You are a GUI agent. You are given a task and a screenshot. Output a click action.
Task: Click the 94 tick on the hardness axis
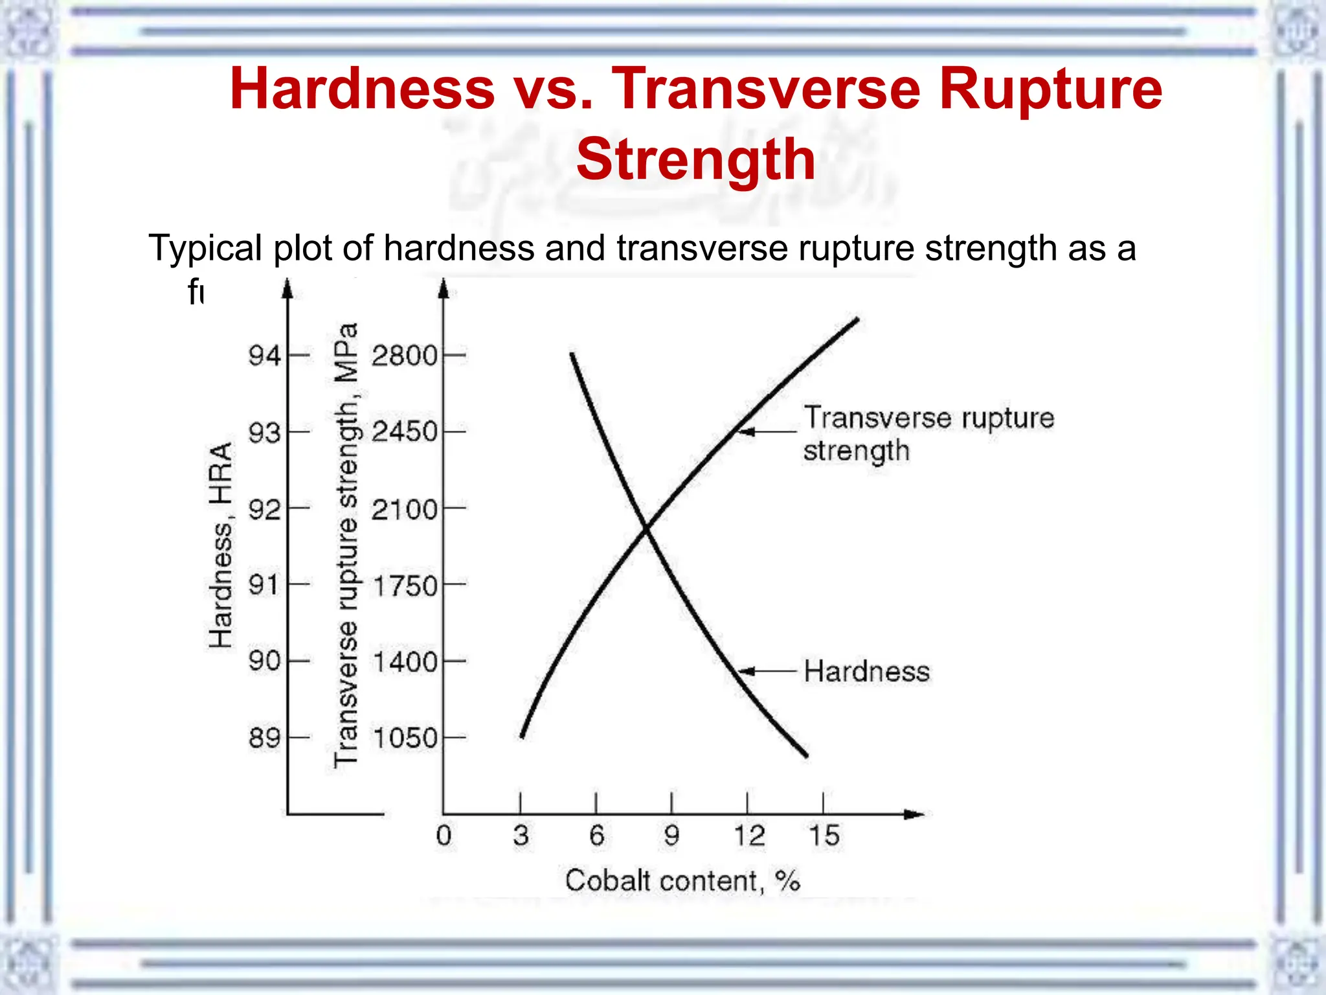[264, 355]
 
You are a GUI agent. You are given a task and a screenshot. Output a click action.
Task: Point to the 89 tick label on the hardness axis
[264, 737]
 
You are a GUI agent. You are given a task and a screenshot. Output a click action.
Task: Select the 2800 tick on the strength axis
[405, 355]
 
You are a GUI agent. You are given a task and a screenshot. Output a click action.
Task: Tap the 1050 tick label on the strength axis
[405, 738]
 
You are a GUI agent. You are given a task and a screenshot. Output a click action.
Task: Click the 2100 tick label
[405, 509]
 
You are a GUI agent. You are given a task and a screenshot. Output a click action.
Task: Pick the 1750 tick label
[405, 586]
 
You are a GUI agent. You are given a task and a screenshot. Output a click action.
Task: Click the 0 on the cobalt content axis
[444, 835]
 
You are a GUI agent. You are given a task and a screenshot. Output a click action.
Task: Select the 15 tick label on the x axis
[824, 835]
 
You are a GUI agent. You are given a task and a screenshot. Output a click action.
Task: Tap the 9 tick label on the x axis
[671, 835]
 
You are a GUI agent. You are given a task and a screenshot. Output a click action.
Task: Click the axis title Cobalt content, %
[682, 881]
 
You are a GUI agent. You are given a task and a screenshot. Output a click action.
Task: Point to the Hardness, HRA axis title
[220, 545]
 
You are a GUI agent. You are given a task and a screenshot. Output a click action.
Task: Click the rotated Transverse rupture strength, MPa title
[346, 545]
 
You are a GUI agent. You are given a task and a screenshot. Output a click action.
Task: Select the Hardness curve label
[866, 671]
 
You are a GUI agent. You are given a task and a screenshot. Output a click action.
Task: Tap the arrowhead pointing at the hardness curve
[745, 671]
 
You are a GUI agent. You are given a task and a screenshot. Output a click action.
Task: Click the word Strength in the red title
[695, 159]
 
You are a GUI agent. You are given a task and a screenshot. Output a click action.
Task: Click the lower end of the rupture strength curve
[522, 737]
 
